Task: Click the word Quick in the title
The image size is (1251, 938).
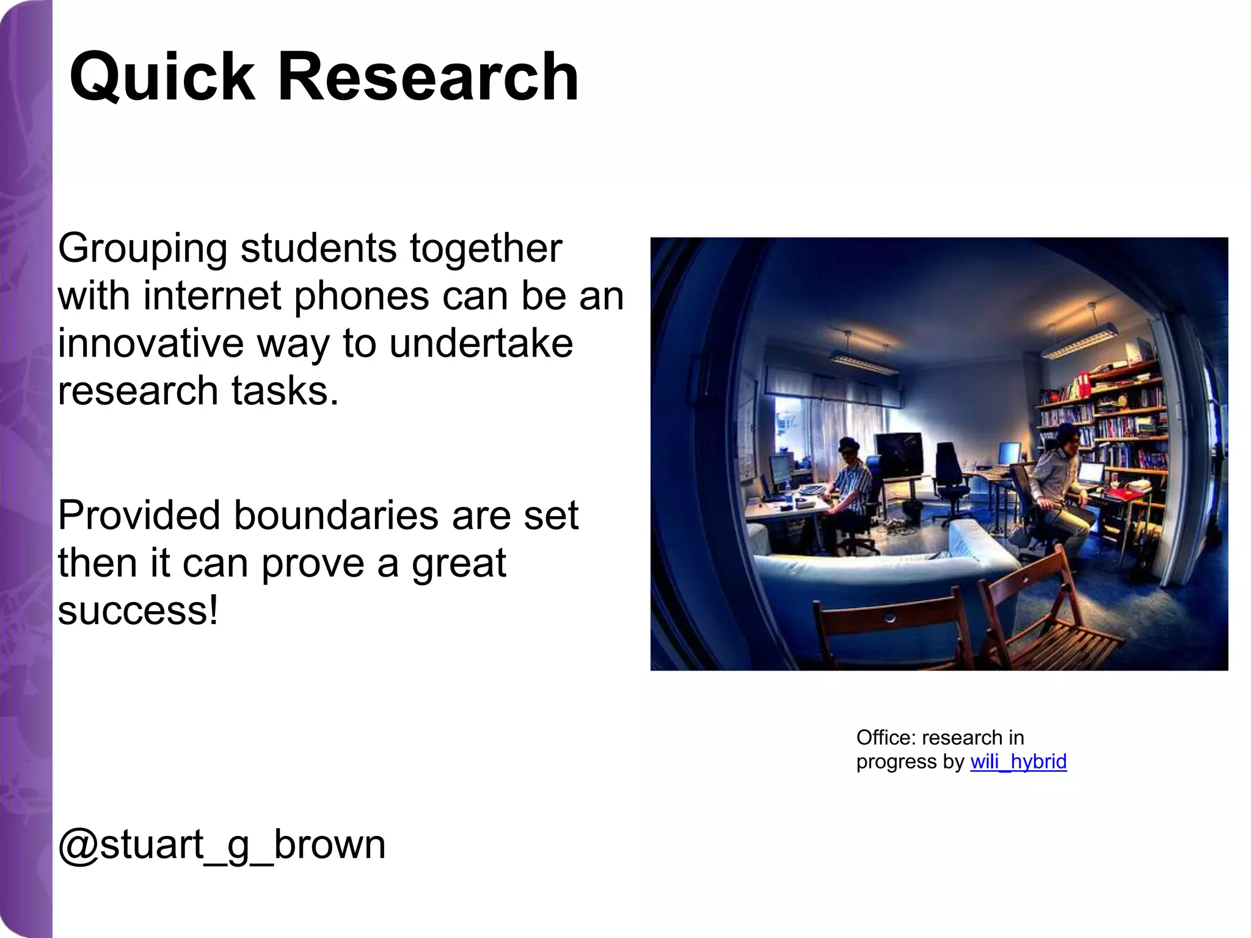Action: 162,78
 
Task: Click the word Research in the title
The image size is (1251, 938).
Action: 428,77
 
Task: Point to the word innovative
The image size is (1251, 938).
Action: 150,343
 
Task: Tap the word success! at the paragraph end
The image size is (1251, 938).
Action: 138,610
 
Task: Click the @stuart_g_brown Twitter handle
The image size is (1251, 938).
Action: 222,845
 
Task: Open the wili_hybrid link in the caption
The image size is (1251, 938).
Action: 1018,762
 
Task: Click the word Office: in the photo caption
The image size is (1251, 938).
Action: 886,738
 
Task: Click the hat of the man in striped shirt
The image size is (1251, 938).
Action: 848,444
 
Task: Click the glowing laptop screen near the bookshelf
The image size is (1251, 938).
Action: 1091,473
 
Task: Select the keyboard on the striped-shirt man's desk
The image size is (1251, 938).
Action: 812,489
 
